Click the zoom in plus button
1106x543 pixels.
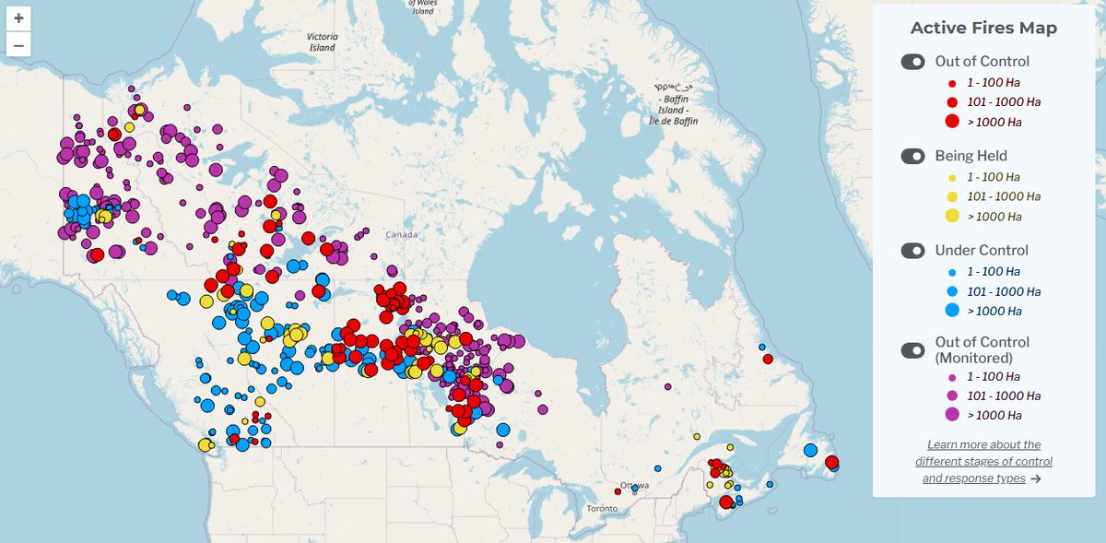pyautogui.click(x=18, y=18)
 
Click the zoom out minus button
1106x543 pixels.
pyautogui.click(x=18, y=44)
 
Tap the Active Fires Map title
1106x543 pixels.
pyautogui.click(x=983, y=28)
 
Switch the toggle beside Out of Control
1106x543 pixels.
pyautogui.click(x=912, y=62)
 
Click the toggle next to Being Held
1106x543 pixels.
pyautogui.click(x=912, y=156)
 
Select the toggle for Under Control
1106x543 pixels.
pyautogui.click(x=912, y=251)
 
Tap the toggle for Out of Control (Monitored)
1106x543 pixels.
pyautogui.click(x=912, y=349)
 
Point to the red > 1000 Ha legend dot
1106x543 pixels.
pyautogui.click(x=952, y=122)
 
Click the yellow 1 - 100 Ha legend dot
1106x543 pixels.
pyautogui.click(x=952, y=177)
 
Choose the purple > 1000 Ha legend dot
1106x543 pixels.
pyautogui.click(x=952, y=414)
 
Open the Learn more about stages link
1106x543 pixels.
pyautogui.click(x=983, y=461)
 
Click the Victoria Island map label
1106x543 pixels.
pyautogui.click(x=323, y=42)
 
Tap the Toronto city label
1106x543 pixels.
pyautogui.click(x=605, y=509)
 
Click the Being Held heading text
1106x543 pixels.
pyautogui.click(x=971, y=156)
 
